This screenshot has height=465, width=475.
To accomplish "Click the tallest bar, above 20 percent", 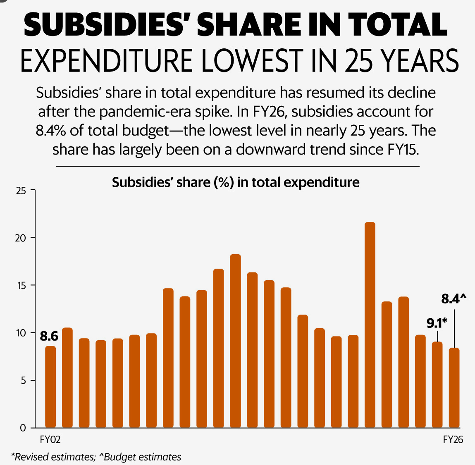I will click(370, 324).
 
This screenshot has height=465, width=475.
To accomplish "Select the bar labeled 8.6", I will click(50, 386).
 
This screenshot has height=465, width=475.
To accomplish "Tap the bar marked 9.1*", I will click(437, 384).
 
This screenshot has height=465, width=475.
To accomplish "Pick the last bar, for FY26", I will click(454, 387).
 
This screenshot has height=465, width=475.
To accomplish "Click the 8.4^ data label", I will click(454, 299).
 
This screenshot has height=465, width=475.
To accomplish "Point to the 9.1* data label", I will click(437, 323).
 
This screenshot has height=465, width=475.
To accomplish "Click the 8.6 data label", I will click(49, 336).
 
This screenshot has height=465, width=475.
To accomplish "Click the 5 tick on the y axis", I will click(23, 381).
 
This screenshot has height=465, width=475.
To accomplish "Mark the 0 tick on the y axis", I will click(23, 428).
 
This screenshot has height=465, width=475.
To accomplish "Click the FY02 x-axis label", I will click(50, 439).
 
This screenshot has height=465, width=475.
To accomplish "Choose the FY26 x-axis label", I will click(453, 439).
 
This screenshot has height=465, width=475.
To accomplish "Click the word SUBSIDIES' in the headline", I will click(107, 24).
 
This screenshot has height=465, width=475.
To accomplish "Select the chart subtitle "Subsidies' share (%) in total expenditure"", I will click(236, 182).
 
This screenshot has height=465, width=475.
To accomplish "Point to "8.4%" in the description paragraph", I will click(51, 131).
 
